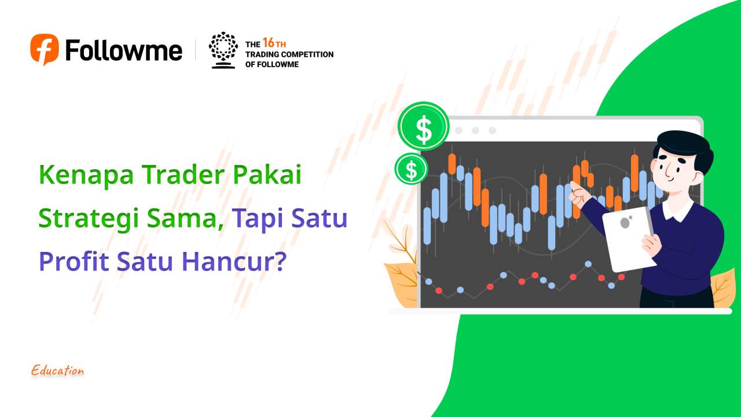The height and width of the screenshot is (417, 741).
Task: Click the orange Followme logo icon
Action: [x=45, y=49]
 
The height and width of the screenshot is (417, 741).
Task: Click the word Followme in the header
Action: [x=124, y=50]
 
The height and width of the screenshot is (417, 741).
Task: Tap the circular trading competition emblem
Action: [x=223, y=50]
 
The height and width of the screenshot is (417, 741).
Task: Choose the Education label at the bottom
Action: [x=57, y=371]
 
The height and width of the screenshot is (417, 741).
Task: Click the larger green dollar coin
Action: [x=423, y=127]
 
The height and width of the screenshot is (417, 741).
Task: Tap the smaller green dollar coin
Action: [x=411, y=169]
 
